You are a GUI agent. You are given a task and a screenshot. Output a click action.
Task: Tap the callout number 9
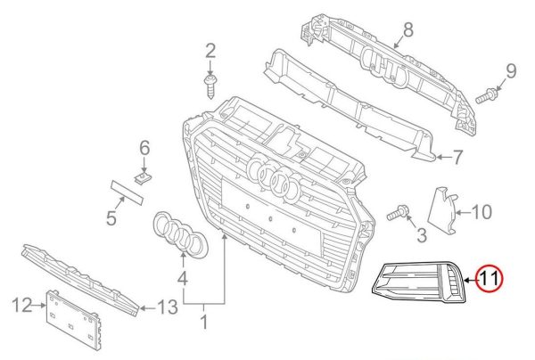[x=512, y=70]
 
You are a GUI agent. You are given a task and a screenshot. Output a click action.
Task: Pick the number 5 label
[x=113, y=217]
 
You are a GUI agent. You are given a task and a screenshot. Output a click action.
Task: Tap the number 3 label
[x=422, y=236]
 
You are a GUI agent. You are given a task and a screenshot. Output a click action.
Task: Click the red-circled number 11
[x=489, y=279]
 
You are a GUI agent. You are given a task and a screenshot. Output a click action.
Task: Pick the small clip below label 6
[x=141, y=177]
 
